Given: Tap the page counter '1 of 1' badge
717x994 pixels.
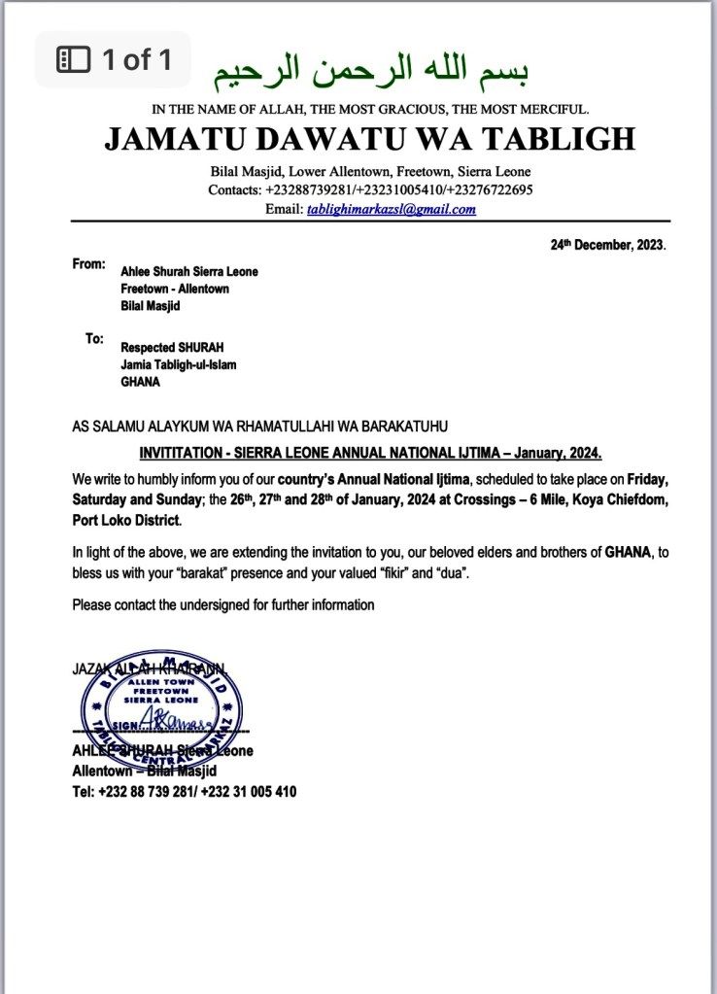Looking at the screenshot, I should [114, 60].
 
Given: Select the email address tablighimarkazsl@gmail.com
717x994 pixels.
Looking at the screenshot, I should [392, 209].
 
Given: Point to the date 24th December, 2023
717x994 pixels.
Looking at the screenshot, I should [608, 246].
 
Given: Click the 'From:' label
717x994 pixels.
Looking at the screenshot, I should [88, 264].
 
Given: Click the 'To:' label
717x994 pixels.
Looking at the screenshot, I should [94, 339].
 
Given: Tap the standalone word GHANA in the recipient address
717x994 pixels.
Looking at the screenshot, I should [141, 382].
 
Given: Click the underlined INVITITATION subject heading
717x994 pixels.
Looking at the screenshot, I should [370, 453].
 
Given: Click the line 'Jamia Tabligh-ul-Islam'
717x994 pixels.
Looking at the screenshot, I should [178, 364].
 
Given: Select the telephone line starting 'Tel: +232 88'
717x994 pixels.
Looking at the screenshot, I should [185, 792].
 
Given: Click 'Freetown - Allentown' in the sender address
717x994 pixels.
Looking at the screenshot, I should [174, 289].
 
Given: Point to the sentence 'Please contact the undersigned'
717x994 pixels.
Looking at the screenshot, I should [222, 605].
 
